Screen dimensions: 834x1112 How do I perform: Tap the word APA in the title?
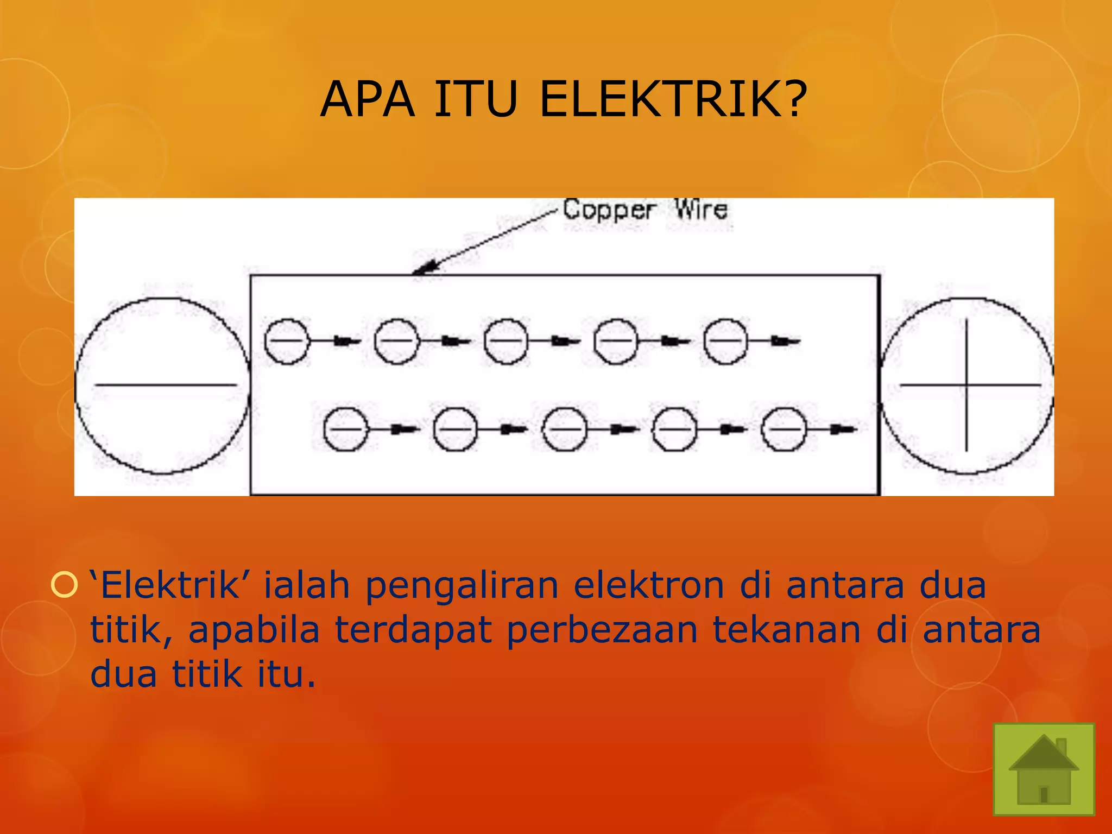[x=368, y=99]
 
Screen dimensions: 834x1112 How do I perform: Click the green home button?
[x=1044, y=769]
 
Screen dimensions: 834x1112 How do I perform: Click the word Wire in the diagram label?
[x=701, y=210]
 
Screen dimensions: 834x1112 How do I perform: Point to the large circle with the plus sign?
[x=966, y=385]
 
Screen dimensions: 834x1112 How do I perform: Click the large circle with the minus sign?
[x=163, y=385]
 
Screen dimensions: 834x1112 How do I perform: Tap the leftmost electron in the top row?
[x=286, y=341]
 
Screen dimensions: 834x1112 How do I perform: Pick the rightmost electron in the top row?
[x=725, y=341]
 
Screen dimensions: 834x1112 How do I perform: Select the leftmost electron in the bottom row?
[x=345, y=429]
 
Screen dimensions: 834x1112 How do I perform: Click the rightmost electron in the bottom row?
[x=784, y=429]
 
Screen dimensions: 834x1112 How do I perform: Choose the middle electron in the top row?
[x=506, y=341]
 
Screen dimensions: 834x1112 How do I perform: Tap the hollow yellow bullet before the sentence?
[x=64, y=585]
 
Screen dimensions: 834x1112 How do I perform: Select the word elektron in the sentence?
[x=649, y=585]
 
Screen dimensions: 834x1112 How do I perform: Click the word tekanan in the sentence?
[x=787, y=630]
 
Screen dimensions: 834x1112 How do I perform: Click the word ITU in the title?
[x=475, y=99]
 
